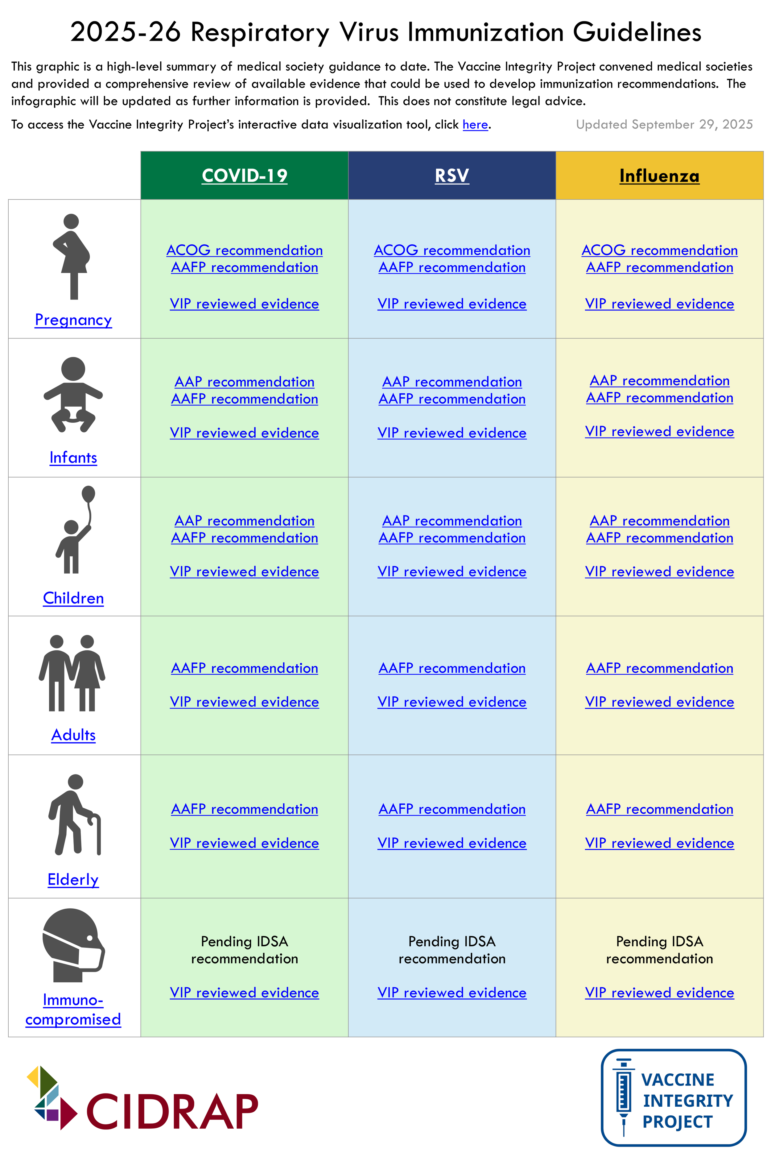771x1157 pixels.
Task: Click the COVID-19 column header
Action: click(244, 176)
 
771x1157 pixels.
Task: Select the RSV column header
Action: click(451, 176)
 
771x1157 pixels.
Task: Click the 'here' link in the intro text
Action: click(475, 124)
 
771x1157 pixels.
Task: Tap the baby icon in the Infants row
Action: click(73, 394)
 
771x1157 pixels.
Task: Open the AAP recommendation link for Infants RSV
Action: click(451, 382)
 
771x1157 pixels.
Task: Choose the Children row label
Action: click(73, 598)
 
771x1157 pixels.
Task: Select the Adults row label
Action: click(73, 735)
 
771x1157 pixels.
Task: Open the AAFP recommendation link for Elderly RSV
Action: click(451, 809)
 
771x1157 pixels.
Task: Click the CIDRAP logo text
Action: click(172, 1111)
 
